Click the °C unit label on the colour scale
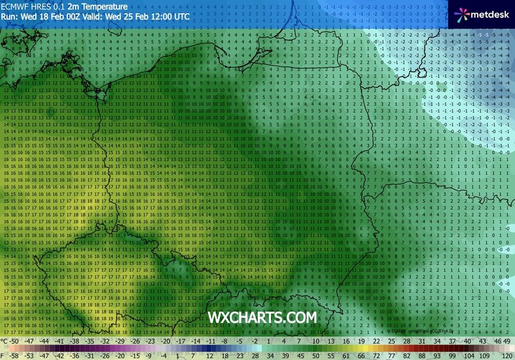(x=6, y=340)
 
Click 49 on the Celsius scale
(x=507, y=340)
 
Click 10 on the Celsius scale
(x=315, y=340)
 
